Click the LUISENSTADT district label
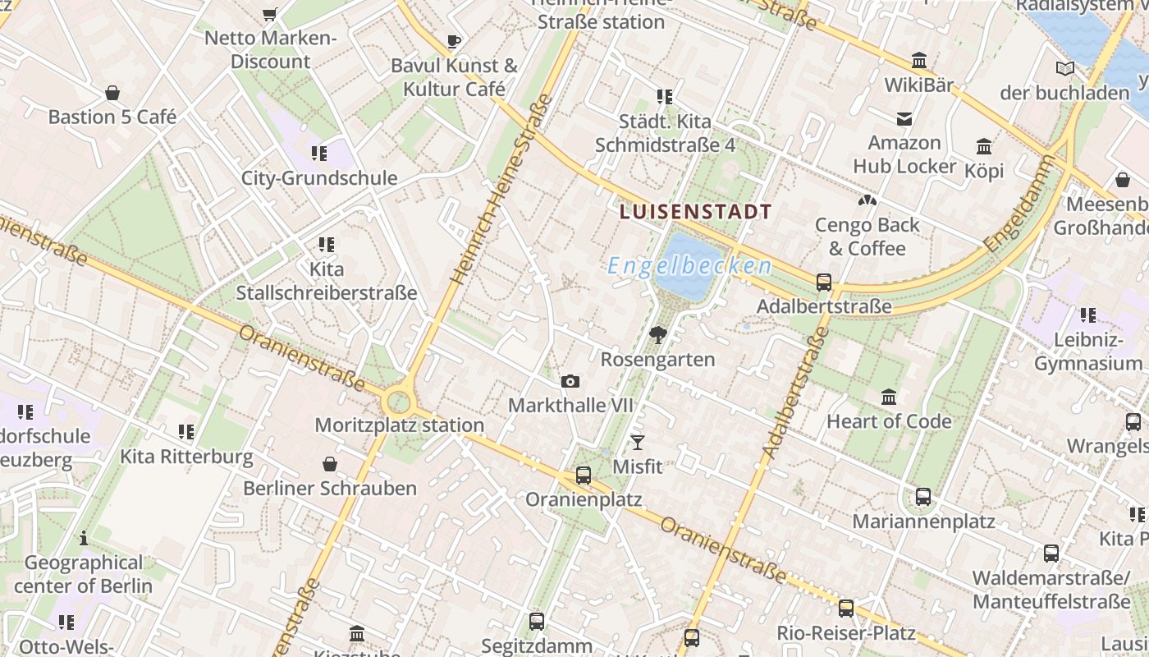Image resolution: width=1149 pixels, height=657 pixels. (696, 212)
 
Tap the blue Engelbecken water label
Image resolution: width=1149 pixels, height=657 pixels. (689, 266)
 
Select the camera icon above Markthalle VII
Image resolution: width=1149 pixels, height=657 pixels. (570, 381)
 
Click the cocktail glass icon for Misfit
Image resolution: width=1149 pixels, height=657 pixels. (638, 443)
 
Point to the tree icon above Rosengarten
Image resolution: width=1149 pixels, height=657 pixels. (657, 334)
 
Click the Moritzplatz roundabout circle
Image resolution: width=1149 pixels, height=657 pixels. (398, 402)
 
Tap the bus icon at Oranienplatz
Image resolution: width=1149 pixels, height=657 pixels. (584, 475)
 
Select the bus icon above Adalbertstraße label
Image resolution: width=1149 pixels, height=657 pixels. (824, 282)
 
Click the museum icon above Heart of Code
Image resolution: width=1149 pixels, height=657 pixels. (888, 397)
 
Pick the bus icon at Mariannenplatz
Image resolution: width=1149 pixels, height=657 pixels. (923, 497)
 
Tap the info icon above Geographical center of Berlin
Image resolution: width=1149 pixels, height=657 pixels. (83, 539)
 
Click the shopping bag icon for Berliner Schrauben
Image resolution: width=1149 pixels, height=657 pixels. (330, 464)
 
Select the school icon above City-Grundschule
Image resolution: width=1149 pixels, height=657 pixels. (318, 153)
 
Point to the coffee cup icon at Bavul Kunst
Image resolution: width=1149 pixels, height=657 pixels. (454, 40)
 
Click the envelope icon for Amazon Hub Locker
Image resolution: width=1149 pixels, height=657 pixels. (904, 119)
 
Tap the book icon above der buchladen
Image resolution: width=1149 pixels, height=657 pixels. (1065, 68)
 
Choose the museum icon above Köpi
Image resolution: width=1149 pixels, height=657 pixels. (984, 147)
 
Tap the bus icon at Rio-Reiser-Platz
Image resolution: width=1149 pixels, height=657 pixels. (846, 609)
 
